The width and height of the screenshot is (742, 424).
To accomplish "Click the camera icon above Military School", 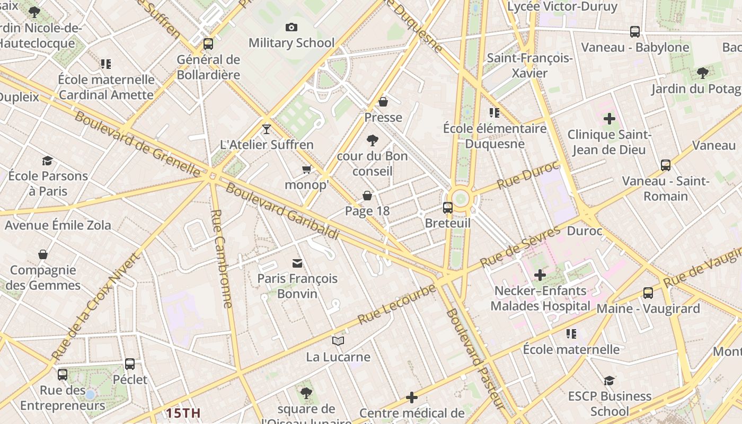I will tap(291, 28).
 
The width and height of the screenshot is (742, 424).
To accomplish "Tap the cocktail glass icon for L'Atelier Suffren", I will tap(267, 129).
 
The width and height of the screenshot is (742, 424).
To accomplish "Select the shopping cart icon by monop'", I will tap(306, 170).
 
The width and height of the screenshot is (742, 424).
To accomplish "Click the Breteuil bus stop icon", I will tap(448, 208).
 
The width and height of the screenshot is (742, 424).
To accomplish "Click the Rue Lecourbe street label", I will tap(396, 305).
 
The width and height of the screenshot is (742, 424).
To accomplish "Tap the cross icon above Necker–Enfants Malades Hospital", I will tap(540, 275).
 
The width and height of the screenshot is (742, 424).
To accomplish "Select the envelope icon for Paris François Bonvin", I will tap(297, 263).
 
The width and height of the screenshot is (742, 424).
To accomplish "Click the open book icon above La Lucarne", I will tap(338, 341).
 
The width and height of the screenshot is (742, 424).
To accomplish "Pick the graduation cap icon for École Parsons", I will tap(48, 161).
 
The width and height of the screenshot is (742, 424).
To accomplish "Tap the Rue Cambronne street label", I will tap(222, 259).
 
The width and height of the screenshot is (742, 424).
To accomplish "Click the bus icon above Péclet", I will tap(130, 364).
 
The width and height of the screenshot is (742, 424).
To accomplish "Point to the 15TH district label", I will tap(183, 413).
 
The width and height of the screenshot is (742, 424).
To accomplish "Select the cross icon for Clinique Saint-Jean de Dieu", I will tap(609, 119).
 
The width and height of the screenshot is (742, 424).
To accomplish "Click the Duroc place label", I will tap(585, 231).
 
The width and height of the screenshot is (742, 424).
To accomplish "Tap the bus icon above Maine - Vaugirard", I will tap(648, 293).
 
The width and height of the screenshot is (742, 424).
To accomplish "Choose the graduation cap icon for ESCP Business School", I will tap(609, 381).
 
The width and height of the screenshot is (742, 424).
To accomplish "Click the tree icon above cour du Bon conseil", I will tap(373, 140).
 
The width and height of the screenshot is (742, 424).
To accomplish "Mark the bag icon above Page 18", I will tap(367, 196).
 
